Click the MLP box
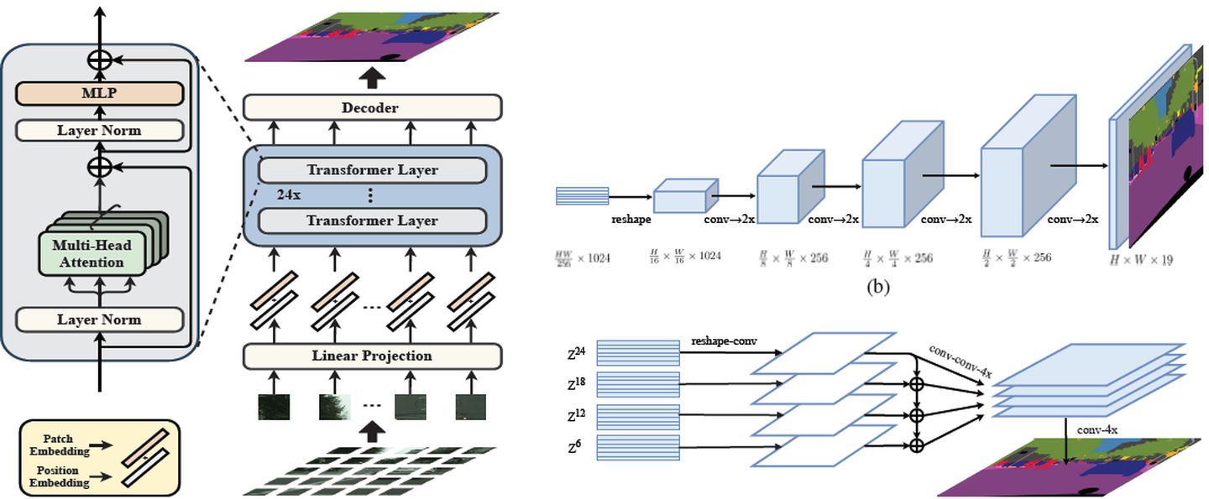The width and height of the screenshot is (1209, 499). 99,93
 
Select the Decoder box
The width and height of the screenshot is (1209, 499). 372,107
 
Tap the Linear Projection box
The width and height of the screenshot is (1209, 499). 372,356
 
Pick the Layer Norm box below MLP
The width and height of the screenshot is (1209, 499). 99,130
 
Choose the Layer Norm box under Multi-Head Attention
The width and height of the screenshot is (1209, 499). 99,320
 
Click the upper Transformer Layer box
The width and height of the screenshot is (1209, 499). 372,169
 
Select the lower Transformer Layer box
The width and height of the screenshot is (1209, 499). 372,221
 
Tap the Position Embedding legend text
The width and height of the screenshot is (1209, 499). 60,476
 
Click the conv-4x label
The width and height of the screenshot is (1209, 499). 1097,429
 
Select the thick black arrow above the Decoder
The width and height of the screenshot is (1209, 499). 372,78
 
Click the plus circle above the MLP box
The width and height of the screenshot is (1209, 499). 100,60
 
